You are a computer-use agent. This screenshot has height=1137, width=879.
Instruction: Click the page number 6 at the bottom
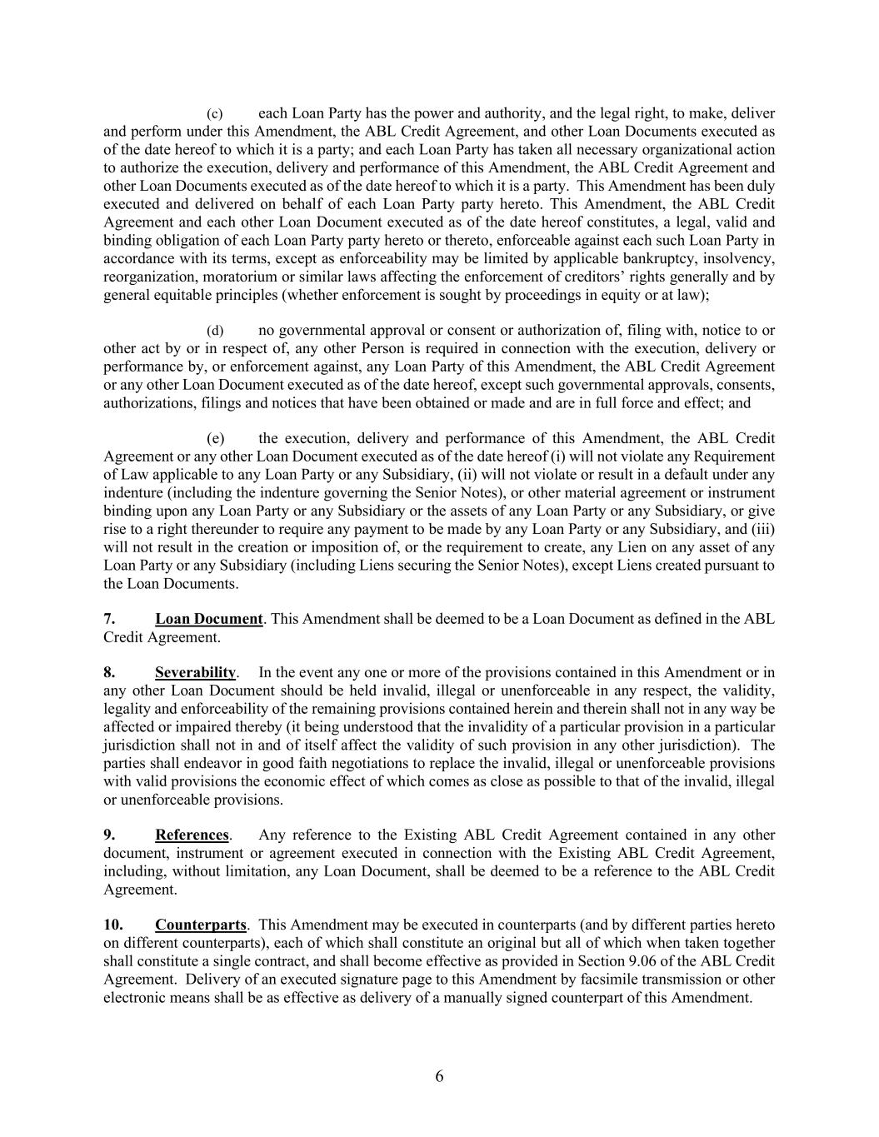(x=439, y=1076)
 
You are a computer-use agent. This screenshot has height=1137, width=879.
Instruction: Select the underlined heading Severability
(x=195, y=672)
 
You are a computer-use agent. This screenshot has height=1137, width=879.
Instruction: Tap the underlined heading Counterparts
(x=201, y=925)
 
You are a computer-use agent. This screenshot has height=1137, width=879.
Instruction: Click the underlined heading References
(x=192, y=835)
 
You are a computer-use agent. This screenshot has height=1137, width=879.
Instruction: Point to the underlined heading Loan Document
(x=209, y=619)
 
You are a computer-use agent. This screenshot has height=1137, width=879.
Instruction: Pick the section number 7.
(x=109, y=619)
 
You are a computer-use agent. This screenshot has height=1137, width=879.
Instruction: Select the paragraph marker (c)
(x=215, y=113)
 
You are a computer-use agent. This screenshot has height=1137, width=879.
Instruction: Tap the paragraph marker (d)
(x=215, y=331)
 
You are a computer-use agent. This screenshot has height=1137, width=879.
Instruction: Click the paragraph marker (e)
(x=215, y=439)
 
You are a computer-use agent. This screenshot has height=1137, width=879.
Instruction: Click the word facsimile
(x=592, y=980)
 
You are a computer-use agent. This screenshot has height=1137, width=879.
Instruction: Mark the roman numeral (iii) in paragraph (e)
(x=762, y=529)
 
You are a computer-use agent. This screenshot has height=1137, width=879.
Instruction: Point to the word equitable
(x=185, y=295)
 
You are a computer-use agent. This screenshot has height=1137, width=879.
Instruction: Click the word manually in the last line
(x=537, y=997)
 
